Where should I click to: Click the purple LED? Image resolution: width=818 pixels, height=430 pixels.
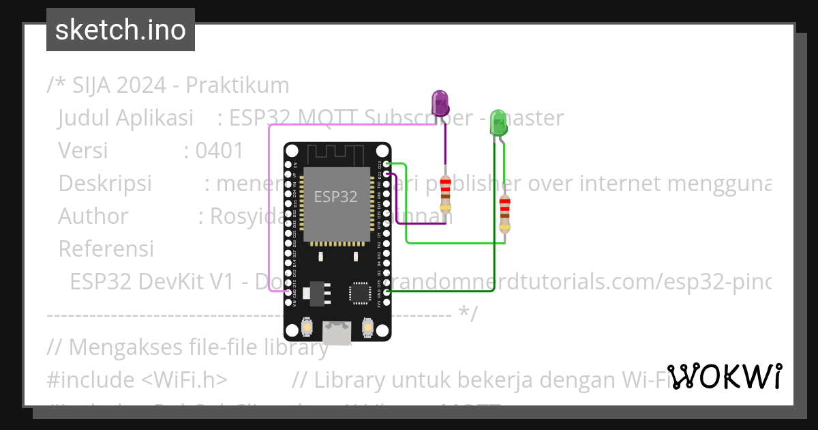pos(440,104)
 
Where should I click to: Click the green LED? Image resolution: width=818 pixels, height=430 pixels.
pos(498,123)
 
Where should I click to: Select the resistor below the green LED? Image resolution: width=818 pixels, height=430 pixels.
pos(504,212)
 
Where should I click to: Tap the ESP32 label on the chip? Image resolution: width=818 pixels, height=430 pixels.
pos(335,197)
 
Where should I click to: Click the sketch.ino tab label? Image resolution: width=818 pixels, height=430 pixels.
pos(121,30)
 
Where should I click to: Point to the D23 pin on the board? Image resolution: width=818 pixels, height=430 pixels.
pos(387,164)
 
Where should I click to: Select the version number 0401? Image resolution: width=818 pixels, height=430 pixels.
pos(219,151)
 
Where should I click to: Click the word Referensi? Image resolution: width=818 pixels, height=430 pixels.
pos(106,249)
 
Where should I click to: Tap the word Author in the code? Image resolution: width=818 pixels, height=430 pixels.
pos(93,216)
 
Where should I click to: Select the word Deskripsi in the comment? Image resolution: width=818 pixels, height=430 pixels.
pos(105,184)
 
